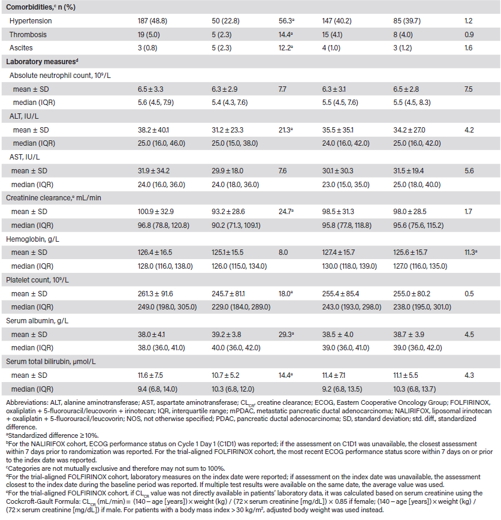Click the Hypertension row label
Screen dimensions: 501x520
click(x=31, y=21)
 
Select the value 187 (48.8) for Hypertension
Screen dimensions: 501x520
click(x=152, y=21)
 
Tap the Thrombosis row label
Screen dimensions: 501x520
click(x=28, y=35)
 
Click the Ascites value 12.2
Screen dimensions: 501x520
click(x=286, y=48)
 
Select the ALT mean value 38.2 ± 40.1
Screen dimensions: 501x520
click(x=153, y=130)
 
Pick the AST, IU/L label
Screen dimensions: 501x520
click(x=24, y=157)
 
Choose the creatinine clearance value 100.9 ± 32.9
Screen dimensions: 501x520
click(x=156, y=212)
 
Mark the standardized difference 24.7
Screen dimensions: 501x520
click(x=286, y=212)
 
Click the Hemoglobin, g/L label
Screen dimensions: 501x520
click(x=32, y=239)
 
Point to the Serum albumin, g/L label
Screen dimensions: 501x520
click(x=37, y=321)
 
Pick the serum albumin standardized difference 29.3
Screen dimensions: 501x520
click(x=286, y=334)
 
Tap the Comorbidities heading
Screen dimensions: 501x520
click(x=41, y=7)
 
